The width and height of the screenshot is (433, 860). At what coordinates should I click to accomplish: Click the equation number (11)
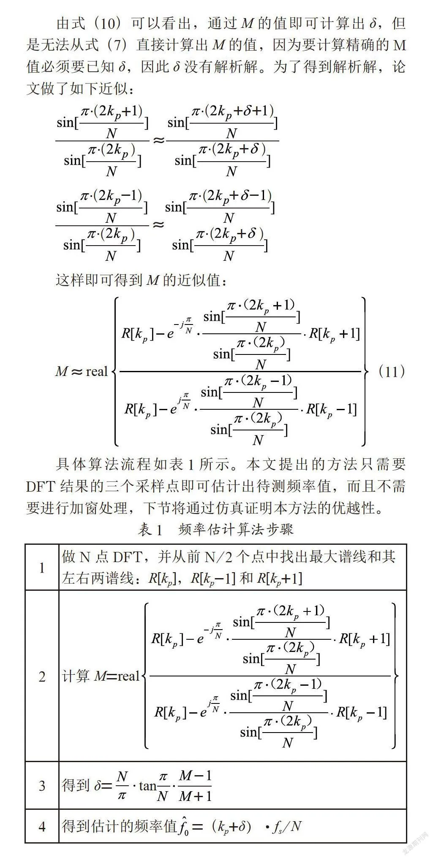coord(392,371)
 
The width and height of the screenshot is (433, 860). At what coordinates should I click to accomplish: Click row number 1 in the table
coord(42,568)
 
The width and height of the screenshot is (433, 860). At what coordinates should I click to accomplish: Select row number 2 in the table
coord(42,677)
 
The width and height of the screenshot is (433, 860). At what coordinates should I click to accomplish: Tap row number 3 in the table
coord(42,786)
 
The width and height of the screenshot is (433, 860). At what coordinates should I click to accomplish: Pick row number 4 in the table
coord(42,826)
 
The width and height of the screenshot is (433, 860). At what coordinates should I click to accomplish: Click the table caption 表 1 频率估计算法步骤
coord(215,529)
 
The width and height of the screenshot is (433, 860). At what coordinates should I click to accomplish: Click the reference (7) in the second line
coord(115,45)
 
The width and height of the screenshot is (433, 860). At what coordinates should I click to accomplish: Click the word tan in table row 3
coord(147,786)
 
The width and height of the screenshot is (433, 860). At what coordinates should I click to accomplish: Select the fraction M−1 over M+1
coord(195,786)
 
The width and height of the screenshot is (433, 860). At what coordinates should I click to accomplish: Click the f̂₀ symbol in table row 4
coord(184,826)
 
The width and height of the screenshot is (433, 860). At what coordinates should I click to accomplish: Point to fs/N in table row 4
coord(287,826)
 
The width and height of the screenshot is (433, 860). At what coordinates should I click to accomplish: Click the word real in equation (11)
coord(97,372)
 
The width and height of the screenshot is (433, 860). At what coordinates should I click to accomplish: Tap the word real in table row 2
coord(128,676)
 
